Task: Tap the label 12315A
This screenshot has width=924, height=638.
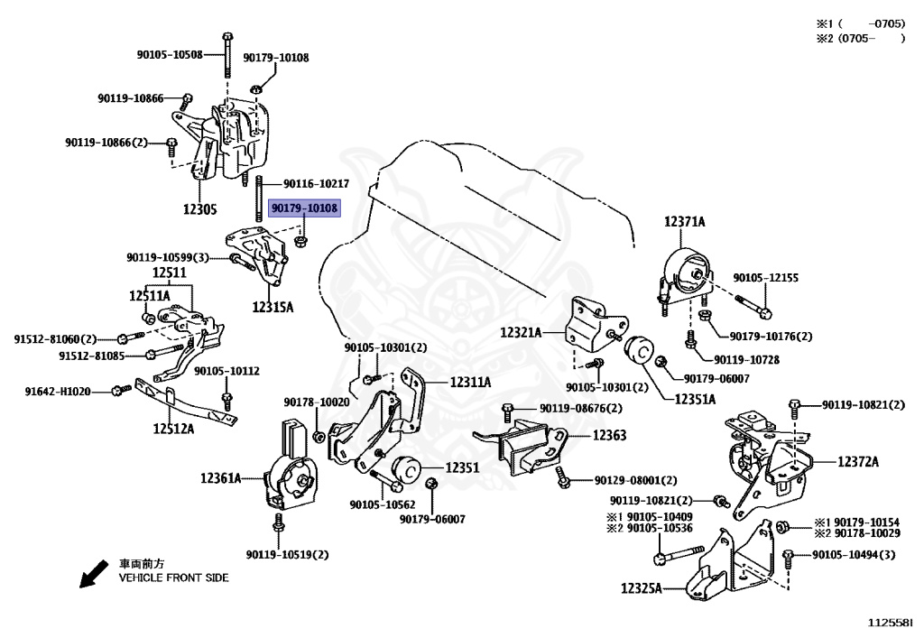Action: point(273,307)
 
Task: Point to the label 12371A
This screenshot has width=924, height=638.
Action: point(686,221)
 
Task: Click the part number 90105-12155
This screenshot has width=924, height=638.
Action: point(765,278)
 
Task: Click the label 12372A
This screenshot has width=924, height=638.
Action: point(857,462)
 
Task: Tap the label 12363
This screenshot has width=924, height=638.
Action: point(609,435)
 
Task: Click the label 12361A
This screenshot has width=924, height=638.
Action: point(220,477)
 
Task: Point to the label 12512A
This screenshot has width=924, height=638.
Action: point(174,429)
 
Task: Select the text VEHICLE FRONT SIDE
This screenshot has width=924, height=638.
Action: point(174,578)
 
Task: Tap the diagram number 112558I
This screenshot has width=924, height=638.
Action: point(890,623)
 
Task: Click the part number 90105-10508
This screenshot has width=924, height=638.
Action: point(170,55)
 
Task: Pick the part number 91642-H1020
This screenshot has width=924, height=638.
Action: point(58,391)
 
